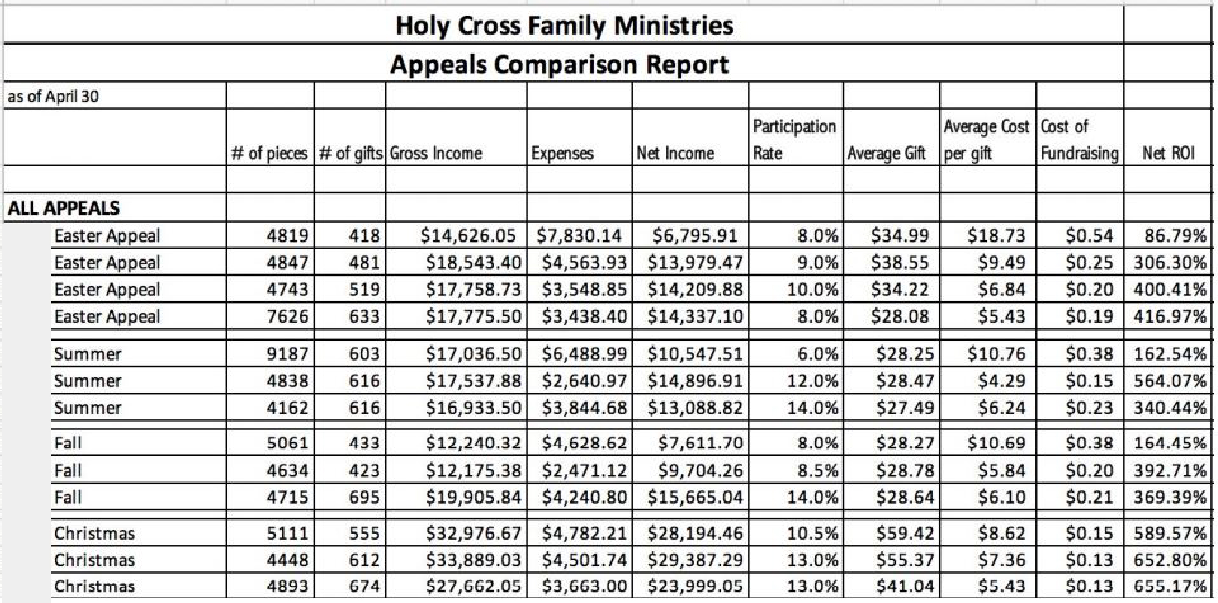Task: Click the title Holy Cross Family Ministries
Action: coord(564,26)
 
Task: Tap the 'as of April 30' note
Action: coord(54,97)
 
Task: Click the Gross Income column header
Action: coord(435,153)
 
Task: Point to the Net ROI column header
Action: coord(1168,153)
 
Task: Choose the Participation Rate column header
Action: coord(794,140)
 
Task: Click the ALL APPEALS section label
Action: coord(64,208)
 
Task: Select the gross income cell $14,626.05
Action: coord(468,236)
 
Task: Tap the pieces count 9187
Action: coord(287,354)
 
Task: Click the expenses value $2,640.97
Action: coord(584,381)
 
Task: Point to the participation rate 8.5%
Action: coord(818,471)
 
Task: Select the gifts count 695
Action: coord(364,497)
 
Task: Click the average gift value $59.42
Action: coord(905,534)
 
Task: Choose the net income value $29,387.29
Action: coord(695,560)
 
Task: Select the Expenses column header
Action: coord(562,153)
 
